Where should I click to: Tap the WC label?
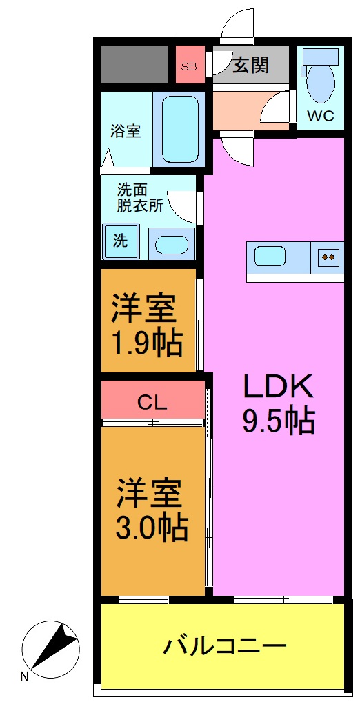click(x=321, y=117)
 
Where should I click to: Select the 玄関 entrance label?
click(x=250, y=66)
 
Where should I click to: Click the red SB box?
click(x=188, y=66)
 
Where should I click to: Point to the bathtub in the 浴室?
click(x=181, y=130)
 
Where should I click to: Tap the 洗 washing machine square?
click(x=121, y=241)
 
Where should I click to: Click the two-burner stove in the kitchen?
click(x=328, y=257)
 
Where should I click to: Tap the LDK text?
click(x=278, y=387)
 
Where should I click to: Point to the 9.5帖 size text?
click(x=278, y=421)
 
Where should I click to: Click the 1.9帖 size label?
click(x=148, y=342)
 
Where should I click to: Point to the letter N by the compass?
click(x=25, y=676)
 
